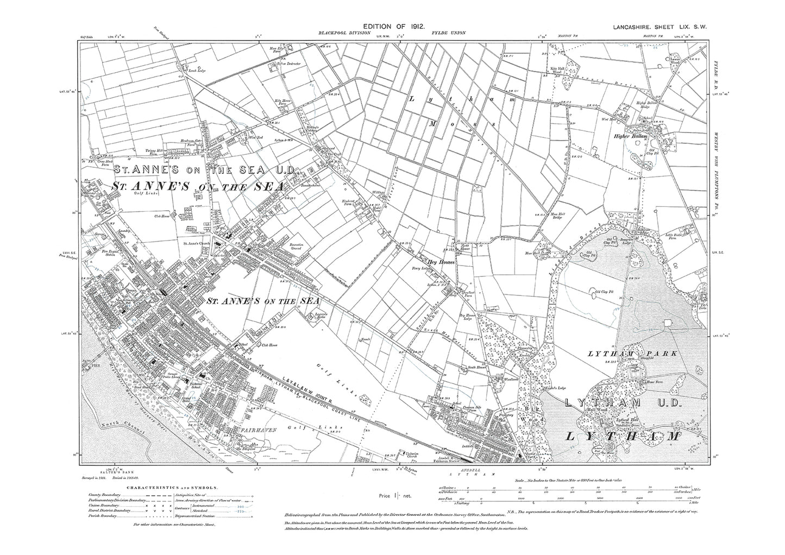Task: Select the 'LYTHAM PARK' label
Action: pyautogui.click(x=632, y=354)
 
